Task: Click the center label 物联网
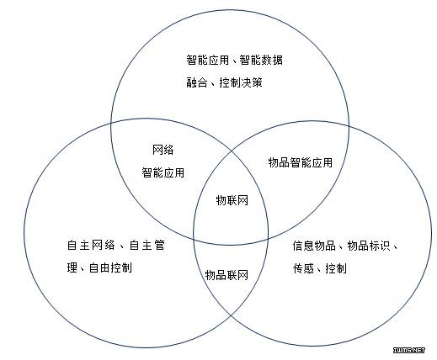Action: (x=232, y=200)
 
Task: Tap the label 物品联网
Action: (x=226, y=275)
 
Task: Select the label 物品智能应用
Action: (x=301, y=162)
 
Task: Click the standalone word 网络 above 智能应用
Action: (x=163, y=150)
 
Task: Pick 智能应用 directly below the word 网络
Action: (x=163, y=172)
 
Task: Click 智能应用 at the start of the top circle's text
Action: (x=208, y=60)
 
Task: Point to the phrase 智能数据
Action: (x=261, y=60)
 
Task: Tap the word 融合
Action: (x=197, y=82)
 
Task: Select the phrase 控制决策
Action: (x=241, y=82)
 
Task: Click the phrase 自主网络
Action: (x=91, y=245)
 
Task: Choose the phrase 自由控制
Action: (x=110, y=267)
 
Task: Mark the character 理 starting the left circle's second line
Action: (x=72, y=267)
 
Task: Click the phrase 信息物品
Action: (x=314, y=246)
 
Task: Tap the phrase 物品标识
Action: (x=369, y=246)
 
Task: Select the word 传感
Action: (x=303, y=268)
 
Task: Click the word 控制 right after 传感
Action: (x=336, y=268)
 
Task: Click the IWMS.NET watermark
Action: (x=409, y=350)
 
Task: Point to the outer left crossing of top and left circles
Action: (x=111, y=123)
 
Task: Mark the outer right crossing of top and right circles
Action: (x=349, y=126)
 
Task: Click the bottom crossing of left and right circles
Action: (x=231, y=316)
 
